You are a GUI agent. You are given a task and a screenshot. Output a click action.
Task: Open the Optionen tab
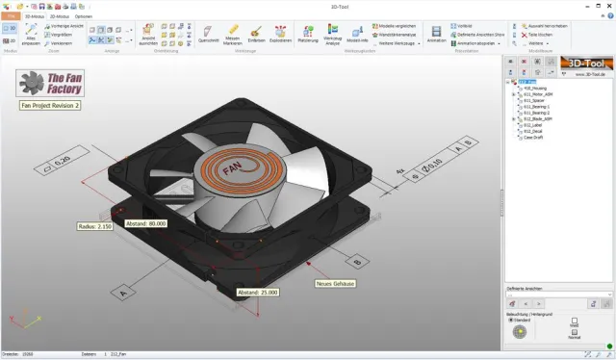(84, 17)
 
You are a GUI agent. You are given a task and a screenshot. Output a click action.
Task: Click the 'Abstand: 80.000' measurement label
(147, 222)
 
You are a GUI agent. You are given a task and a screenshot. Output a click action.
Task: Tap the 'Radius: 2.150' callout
(94, 227)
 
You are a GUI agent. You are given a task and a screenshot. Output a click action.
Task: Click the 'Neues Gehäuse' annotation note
(337, 283)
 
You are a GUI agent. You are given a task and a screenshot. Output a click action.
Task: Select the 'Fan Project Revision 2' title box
(51, 106)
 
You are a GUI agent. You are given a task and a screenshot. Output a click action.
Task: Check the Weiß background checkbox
(574, 321)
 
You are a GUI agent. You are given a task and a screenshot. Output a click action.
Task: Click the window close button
(608, 5)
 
